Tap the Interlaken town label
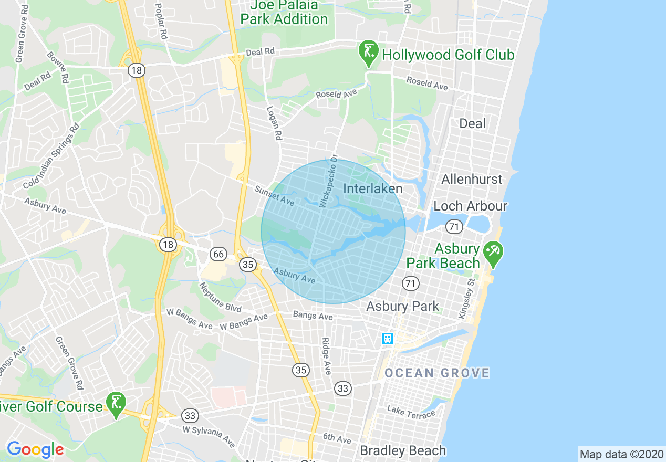coord(372,188)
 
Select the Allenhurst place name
coord(472,179)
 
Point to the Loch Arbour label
coord(470,206)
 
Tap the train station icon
coord(388,339)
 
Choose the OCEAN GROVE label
coord(437,373)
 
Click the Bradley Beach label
coord(403,450)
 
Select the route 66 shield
coord(218,255)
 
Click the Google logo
coord(35,449)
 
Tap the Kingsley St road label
coord(466,298)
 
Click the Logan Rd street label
coord(274,123)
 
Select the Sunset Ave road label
coord(274,196)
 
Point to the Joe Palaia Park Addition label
coord(284,13)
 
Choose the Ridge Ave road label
coord(326,356)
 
